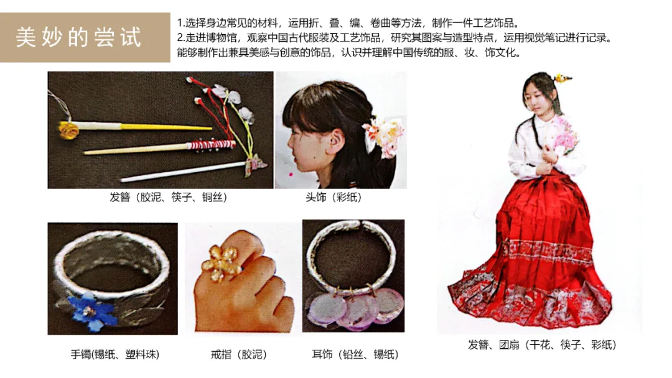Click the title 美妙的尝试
tap(78, 37)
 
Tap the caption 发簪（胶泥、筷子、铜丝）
tap(169, 197)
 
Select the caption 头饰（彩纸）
tap(334, 197)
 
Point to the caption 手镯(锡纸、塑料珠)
tap(115, 354)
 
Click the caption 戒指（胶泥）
tap(239, 354)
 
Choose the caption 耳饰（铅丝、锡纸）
tap(355, 354)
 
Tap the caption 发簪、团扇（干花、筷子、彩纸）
tap(542, 344)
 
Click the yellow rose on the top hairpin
tap(69, 130)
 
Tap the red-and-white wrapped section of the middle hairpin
tap(211, 145)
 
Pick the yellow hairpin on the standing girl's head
tap(562, 78)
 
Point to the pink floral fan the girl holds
tap(563, 136)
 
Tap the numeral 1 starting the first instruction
tap(180, 23)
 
